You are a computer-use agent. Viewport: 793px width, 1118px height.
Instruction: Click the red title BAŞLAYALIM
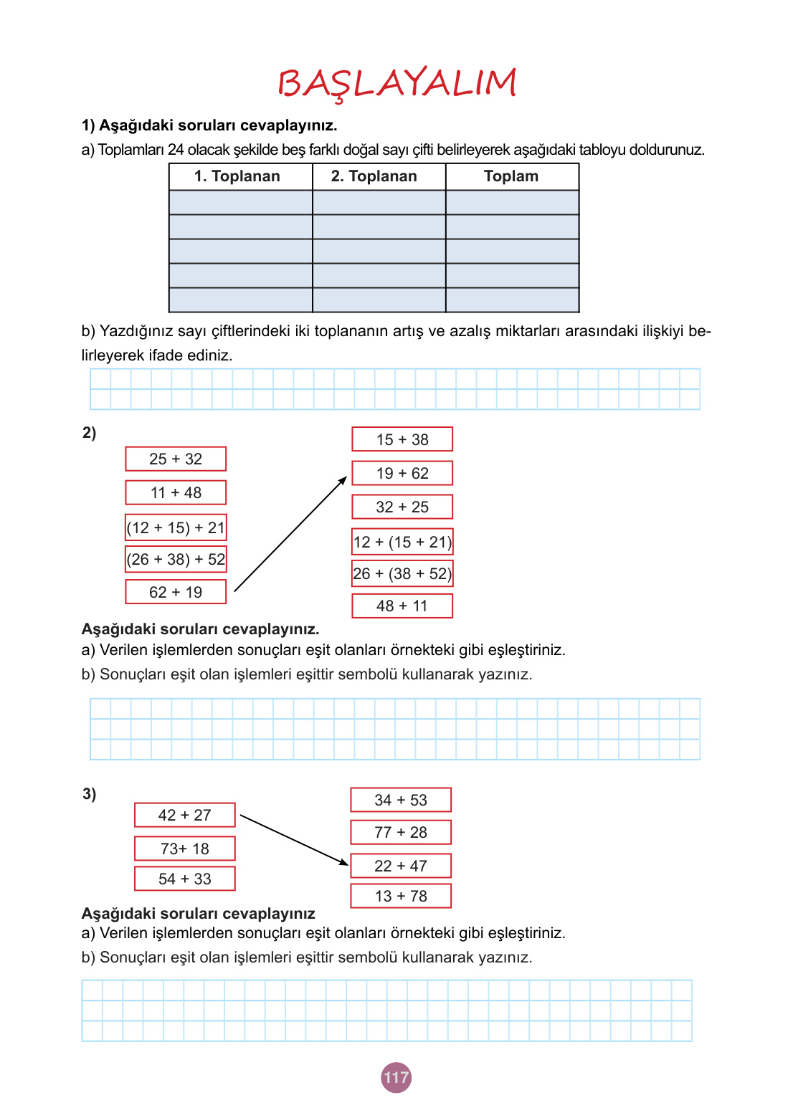396,83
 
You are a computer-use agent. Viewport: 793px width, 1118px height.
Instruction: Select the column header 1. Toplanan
237,176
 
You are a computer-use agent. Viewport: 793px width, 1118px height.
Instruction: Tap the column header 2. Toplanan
374,176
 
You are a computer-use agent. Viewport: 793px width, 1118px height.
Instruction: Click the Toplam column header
511,176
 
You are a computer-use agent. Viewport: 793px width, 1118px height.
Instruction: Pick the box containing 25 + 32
176,459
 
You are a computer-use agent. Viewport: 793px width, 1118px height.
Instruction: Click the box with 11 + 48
176,492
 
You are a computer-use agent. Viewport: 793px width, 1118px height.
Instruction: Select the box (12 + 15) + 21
176,527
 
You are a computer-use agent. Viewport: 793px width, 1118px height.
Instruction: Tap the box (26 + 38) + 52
176,559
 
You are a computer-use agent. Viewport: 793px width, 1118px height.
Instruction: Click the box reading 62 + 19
176,592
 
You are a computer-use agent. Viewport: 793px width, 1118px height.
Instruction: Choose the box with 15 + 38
402,439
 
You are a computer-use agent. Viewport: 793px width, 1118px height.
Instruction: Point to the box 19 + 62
402,473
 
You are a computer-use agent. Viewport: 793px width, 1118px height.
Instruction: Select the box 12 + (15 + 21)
402,542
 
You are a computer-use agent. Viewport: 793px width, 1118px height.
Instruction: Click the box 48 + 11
402,606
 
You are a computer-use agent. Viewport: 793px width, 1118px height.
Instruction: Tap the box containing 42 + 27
185,815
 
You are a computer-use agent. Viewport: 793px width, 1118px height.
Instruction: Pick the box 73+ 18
185,849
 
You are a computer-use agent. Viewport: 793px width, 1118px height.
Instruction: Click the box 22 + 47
401,866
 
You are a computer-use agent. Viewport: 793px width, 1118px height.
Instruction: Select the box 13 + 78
401,896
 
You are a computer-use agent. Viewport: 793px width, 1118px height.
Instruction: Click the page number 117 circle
396,1077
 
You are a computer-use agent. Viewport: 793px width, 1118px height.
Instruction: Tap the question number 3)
89,793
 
